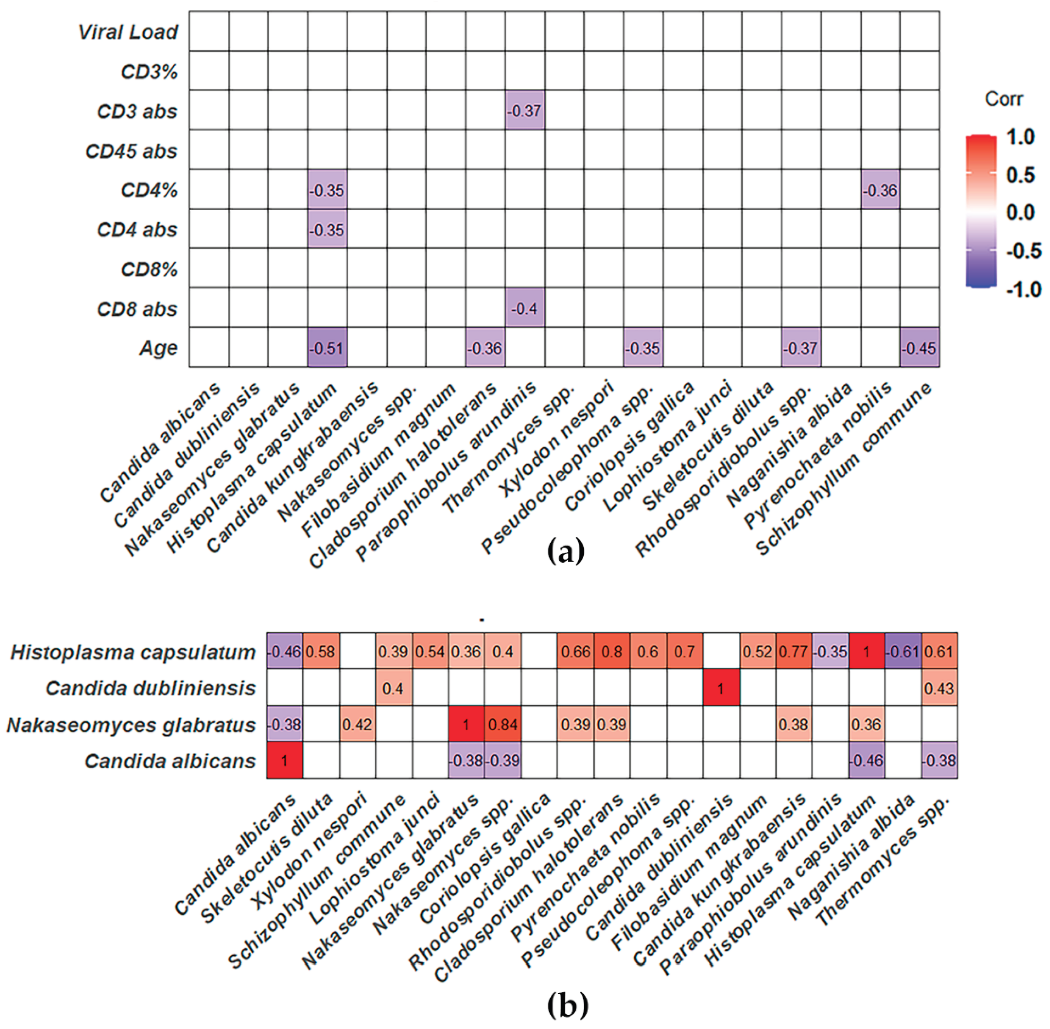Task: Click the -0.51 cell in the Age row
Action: [x=327, y=348]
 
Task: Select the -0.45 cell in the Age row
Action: [x=919, y=348]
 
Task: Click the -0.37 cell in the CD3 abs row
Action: [x=524, y=111]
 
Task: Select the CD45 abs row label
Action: [x=131, y=151]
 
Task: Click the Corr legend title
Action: [x=1003, y=99]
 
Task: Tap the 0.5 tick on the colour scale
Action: [x=1020, y=175]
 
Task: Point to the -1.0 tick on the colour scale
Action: [x=1023, y=289]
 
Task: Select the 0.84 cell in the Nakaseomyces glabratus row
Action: [x=502, y=724]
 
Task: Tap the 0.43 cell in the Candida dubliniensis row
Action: [x=939, y=688]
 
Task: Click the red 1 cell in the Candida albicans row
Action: [x=284, y=761]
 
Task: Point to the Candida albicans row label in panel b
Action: [x=170, y=761]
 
